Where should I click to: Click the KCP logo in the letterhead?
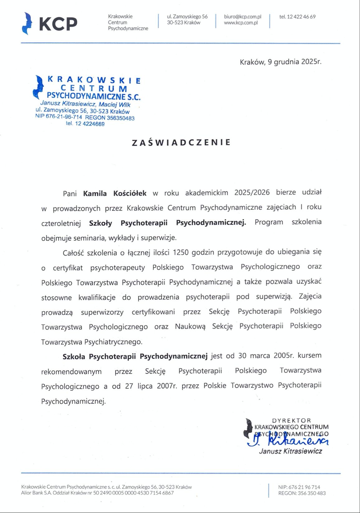tap(50, 23)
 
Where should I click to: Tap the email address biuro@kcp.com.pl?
tap(242, 17)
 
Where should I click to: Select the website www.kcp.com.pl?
tap(240, 23)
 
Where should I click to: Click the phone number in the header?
tap(297, 17)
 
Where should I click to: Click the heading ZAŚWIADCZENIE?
tap(181, 142)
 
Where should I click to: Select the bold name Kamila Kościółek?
tap(115, 193)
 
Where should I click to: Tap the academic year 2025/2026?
tap(252, 192)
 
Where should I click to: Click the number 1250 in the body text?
tap(181, 252)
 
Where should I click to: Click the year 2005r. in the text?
tap(284, 355)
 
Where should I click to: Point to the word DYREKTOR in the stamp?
tap(291, 421)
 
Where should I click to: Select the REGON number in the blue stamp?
tap(121, 118)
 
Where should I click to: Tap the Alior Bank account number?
tap(133, 493)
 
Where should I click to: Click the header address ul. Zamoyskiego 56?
tap(187, 16)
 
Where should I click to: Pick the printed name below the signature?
tap(290, 451)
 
